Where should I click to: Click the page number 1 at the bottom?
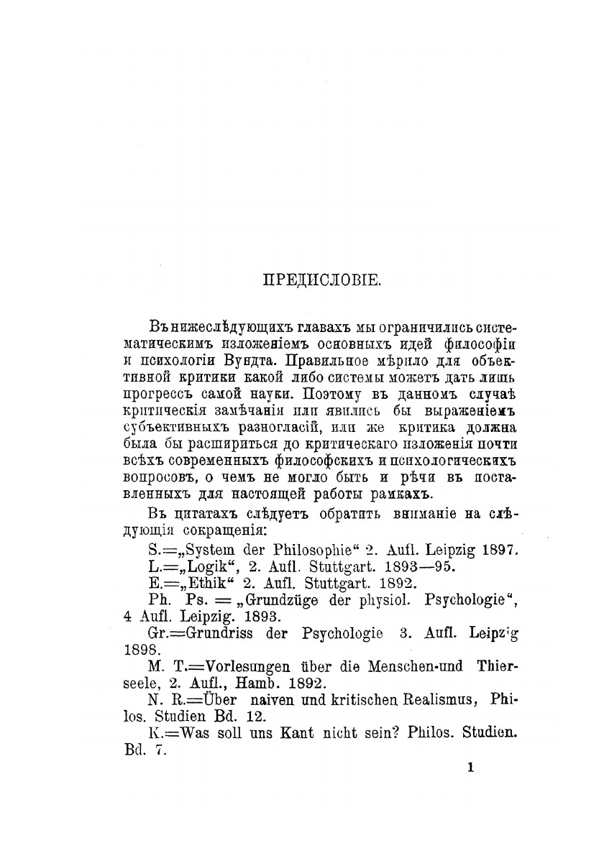pos(471,767)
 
